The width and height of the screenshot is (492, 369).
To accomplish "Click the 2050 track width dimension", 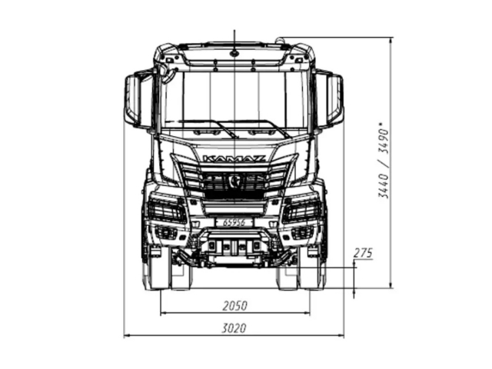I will tap(234, 306).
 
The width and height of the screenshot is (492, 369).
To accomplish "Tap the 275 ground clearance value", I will tap(363, 253).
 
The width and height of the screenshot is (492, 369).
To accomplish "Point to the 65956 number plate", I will tap(234, 221).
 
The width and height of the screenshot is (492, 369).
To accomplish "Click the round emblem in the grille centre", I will tap(234, 181).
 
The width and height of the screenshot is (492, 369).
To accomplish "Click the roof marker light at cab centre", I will tap(234, 53).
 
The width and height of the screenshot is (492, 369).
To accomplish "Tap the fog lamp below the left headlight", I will tap(165, 232).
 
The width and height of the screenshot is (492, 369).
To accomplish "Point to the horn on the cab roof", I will tap(281, 39).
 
